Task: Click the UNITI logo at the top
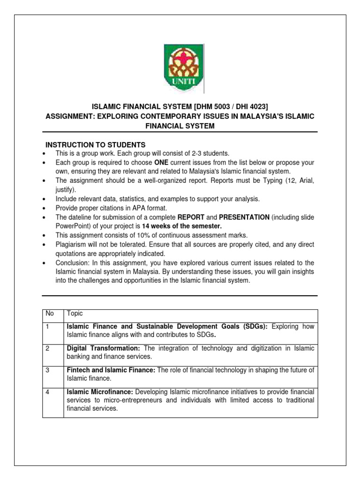180,68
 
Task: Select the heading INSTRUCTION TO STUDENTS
95,144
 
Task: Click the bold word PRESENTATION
239,217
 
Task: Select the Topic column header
75,314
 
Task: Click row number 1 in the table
47,326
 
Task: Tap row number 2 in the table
48,349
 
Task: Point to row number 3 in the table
48,370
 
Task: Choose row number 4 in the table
48,391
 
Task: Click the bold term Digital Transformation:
104,349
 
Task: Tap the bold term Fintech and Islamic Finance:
111,370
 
